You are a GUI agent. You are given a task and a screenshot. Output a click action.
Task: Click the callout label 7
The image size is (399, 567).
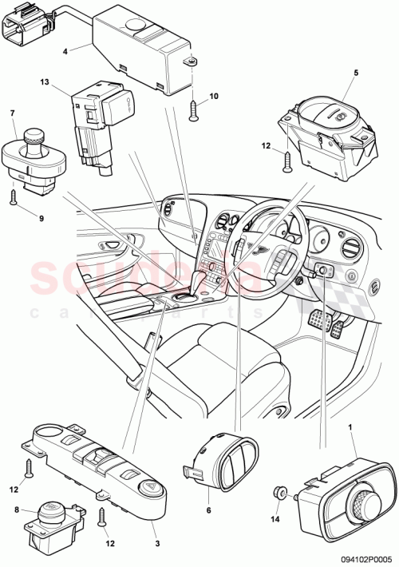pyautogui.click(x=13, y=113)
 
